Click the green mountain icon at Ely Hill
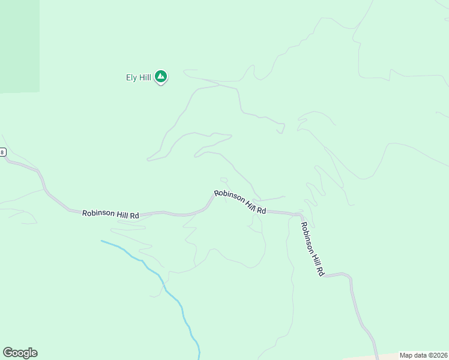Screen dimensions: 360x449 (160, 76)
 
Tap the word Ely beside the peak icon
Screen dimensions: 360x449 (131, 77)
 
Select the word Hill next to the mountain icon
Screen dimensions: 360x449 (145, 77)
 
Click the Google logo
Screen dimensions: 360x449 (20, 353)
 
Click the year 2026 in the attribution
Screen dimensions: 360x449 (438, 355)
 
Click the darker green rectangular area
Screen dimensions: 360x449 (20, 46)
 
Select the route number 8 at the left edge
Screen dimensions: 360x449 (2, 152)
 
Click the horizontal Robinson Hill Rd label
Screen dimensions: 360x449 (110, 214)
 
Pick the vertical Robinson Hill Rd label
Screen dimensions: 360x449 (312, 249)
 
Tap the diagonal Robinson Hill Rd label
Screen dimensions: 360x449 (240, 202)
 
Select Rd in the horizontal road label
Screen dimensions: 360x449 (134, 215)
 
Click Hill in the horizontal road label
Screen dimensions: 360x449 (122, 214)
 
